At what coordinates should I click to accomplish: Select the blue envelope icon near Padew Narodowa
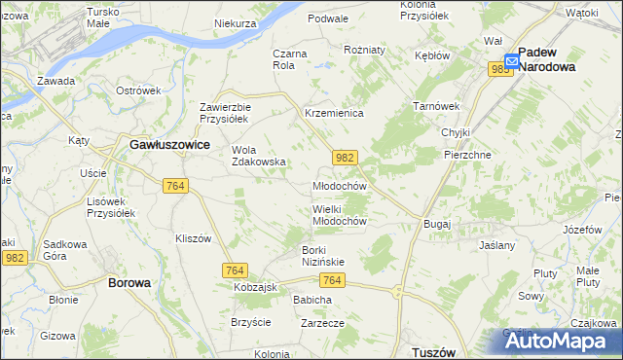[511, 60]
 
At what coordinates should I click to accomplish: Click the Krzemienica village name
[334, 114]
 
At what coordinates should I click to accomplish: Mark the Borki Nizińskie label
[314, 255]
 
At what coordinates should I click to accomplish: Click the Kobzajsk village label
[256, 288]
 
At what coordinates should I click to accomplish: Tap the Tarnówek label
[435, 105]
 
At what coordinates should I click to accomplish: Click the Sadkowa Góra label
[67, 250]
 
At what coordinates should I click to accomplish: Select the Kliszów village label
[193, 238]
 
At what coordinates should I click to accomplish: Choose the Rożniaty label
[365, 49]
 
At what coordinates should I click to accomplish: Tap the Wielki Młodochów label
[339, 215]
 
